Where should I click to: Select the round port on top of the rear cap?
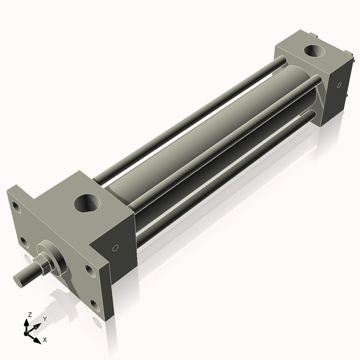pyautogui.click(x=313, y=51)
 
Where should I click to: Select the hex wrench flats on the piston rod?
pyautogui.click(x=45, y=262)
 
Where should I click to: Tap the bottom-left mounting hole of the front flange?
pyautogui.click(x=23, y=241)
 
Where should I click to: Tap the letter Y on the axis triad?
pyautogui.click(x=44, y=319)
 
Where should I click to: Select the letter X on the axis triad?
pyautogui.click(x=45, y=340)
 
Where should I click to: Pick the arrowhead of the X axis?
pyautogui.click(x=38, y=337)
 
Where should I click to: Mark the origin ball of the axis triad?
pyautogui.click(x=28, y=331)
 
